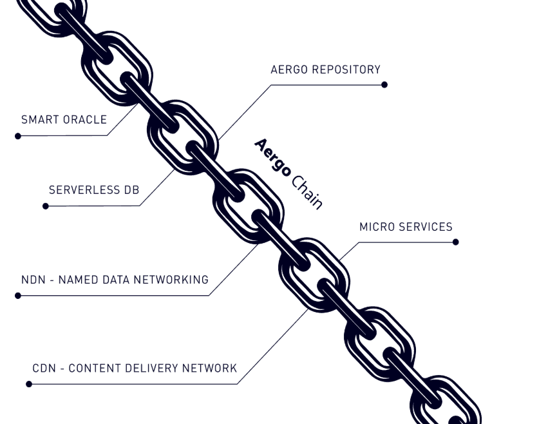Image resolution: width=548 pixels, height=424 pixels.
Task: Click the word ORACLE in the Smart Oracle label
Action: pos(85,120)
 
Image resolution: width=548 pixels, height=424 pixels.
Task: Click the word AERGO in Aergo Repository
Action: pos(289,70)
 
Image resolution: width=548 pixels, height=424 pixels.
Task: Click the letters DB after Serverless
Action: pos(132,190)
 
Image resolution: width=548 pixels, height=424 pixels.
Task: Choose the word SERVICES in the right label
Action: pos(426,227)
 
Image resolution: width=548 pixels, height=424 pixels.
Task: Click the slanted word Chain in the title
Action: pos(307,191)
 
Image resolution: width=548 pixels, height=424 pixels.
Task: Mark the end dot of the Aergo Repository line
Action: pos(384,84)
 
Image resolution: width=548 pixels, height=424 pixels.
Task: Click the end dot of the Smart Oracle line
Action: pos(18,136)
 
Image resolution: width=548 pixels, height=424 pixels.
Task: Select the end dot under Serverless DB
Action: pos(46,206)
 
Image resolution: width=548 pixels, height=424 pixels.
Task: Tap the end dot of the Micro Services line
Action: pos(456,242)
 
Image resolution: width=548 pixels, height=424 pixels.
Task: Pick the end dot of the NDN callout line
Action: pos(18,296)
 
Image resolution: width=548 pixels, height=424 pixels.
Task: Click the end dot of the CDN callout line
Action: pos(29,384)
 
